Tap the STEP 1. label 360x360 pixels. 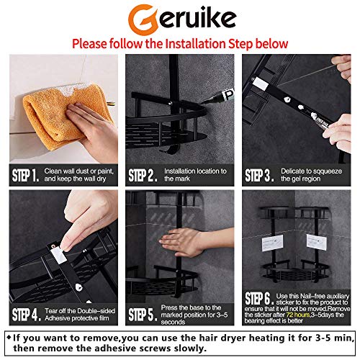tap(24, 175)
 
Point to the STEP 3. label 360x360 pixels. tap(261, 175)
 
